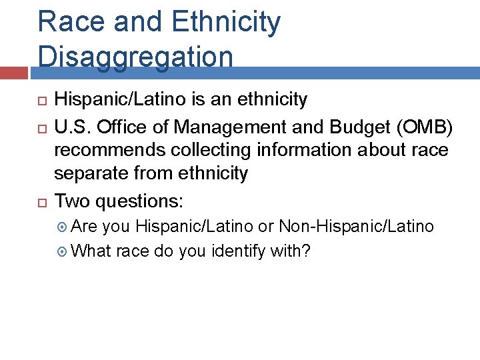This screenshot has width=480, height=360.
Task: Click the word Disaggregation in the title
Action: (x=135, y=57)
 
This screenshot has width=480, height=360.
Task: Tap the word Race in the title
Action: (x=71, y=21)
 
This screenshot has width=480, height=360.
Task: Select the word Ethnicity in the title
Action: (x=226, y=21)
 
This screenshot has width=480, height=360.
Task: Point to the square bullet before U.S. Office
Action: (x=39, y=126)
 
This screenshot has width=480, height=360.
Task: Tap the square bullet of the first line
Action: (x=39, y=101)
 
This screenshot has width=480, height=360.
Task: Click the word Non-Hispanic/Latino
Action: (x=356, y=227)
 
